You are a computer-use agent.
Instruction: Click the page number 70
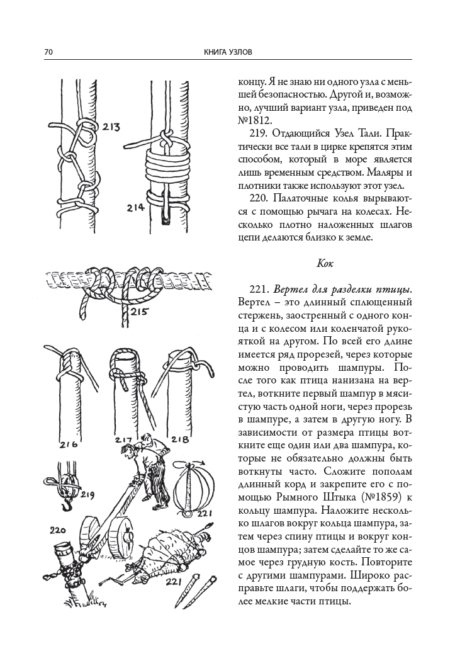pos(48,52)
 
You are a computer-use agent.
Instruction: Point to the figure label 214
pos(135,207)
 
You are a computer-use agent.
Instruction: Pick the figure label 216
pos(68,445)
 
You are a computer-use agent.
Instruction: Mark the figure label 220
pos(58,531)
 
